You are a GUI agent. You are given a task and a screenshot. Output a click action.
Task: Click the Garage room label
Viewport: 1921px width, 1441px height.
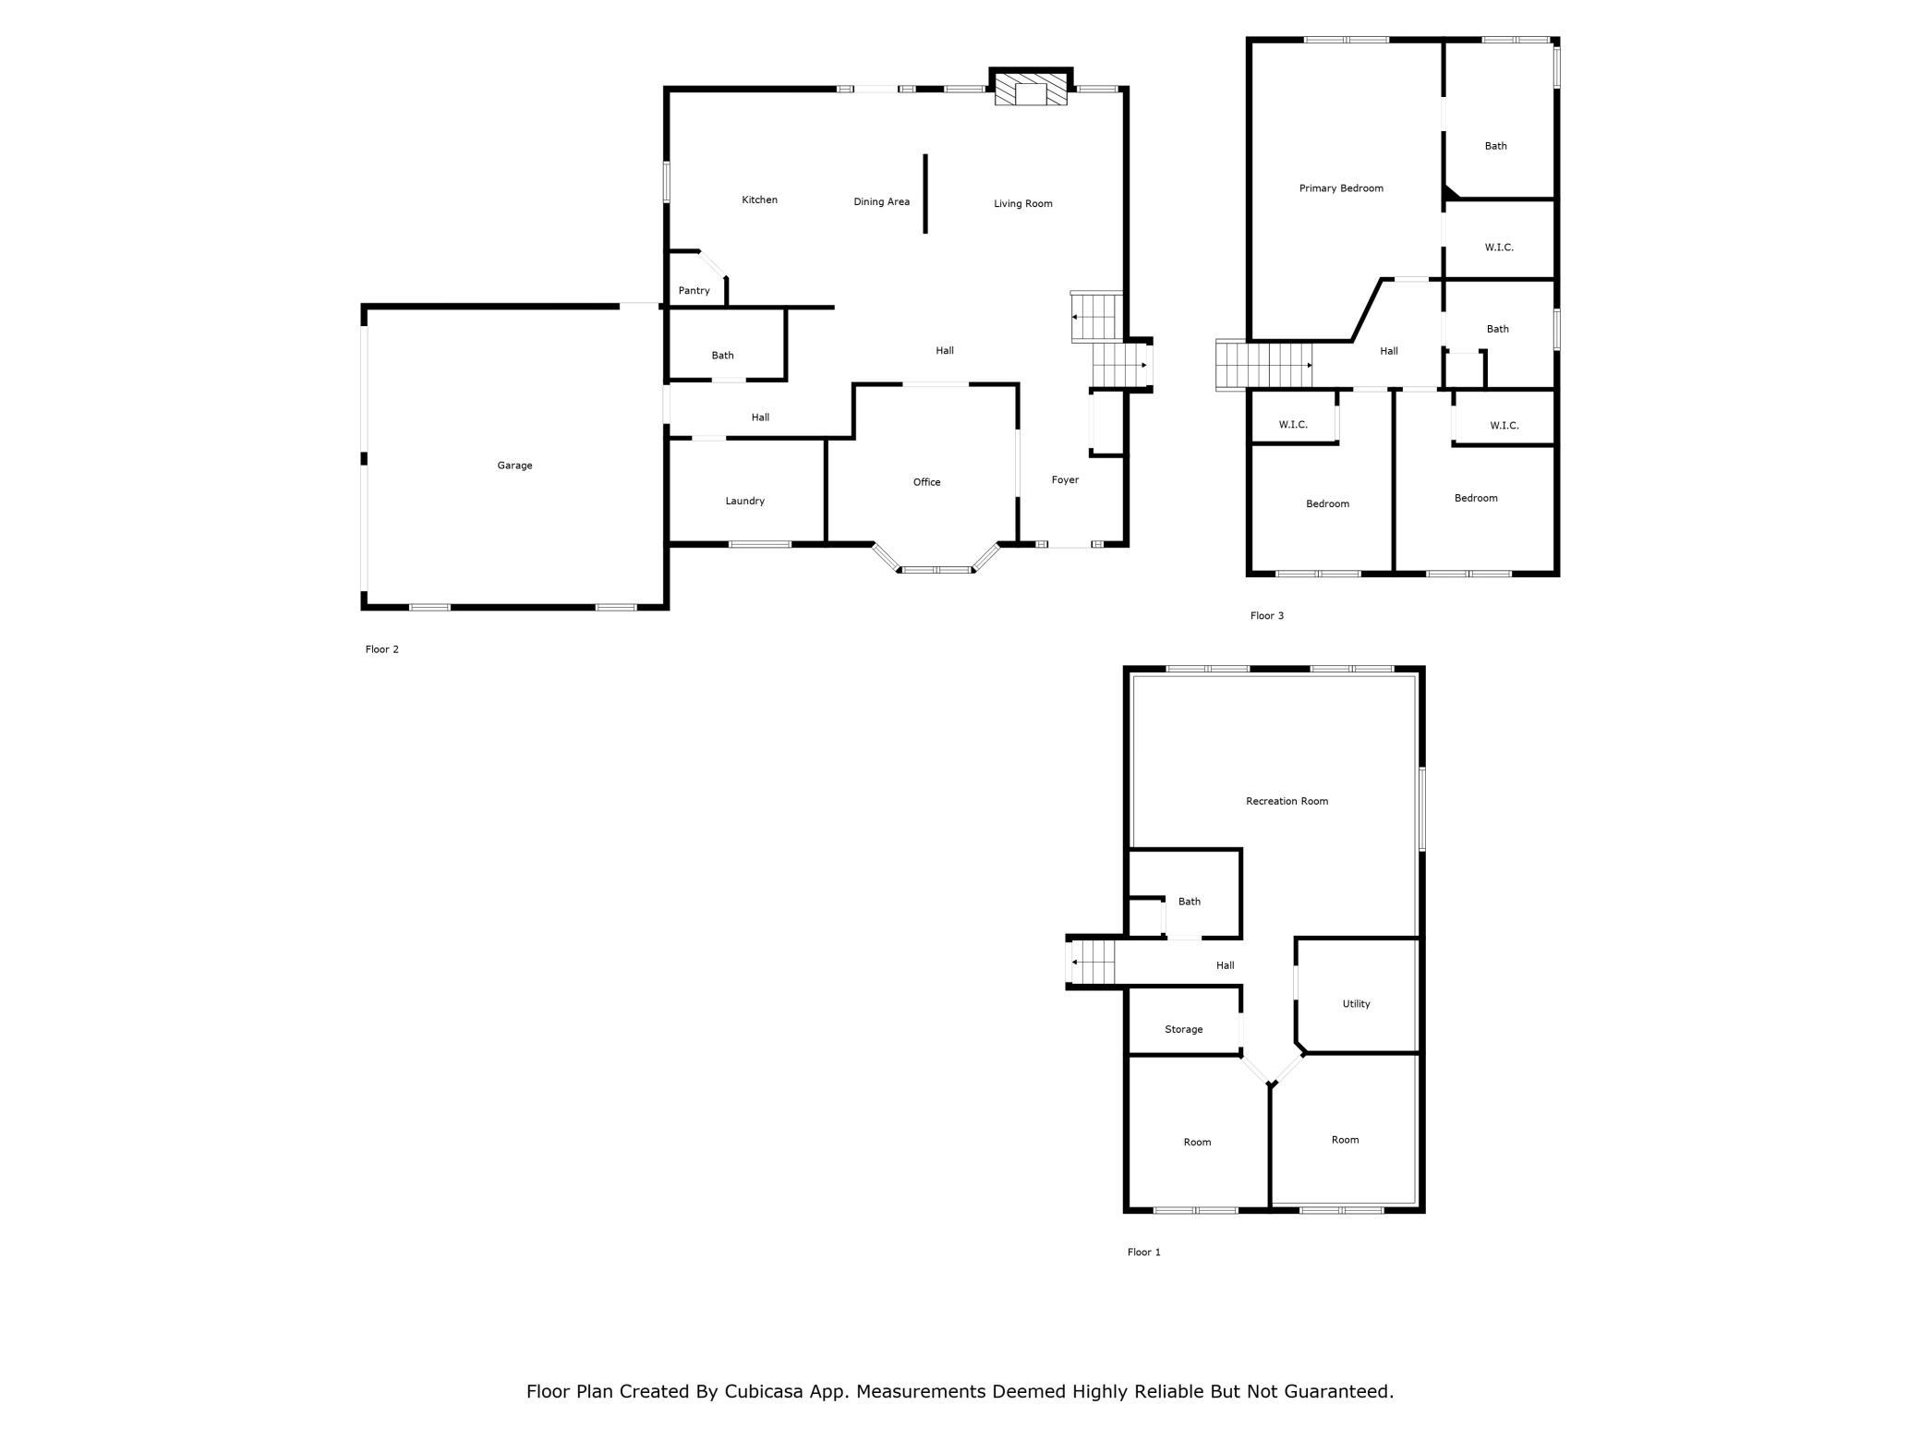pos(514,466)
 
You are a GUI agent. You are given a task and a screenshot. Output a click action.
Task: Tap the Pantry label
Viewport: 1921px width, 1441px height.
pos(694,291)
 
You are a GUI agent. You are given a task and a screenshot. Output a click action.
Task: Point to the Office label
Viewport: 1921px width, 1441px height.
pos(926,482)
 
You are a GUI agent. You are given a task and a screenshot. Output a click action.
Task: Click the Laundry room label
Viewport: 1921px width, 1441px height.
pos(744,502)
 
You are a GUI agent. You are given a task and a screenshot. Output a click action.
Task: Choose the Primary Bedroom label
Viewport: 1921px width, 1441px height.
pos(1341,188)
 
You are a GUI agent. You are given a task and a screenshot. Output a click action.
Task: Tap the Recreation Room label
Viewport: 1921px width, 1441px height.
pos(1287,802)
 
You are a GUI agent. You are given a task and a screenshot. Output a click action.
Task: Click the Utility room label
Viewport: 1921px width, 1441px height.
pos(1356,1004)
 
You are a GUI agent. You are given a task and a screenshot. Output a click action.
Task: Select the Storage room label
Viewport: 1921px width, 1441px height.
pos(1183,1030)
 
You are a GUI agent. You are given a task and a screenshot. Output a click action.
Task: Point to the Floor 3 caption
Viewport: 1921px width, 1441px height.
pos(1267,616)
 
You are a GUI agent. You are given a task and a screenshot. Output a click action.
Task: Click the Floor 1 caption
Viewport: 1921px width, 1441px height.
pos(1143,1253)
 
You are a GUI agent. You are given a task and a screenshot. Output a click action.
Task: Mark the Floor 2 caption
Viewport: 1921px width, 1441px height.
pos(381,649)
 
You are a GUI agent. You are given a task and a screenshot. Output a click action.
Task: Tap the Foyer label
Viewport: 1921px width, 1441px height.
pos(1065,480)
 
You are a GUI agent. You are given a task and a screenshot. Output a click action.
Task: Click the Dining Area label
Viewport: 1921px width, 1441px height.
pos(881,202)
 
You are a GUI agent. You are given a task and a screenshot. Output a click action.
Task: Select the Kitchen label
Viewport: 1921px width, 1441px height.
pos(759,200)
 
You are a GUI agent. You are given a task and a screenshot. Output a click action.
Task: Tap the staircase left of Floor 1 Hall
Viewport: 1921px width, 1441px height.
pos(1092,962)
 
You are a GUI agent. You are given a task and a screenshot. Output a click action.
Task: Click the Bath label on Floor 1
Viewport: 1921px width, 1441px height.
pos(1189,902)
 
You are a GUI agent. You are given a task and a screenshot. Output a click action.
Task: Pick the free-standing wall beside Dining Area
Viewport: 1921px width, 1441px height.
pos(925,194)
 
